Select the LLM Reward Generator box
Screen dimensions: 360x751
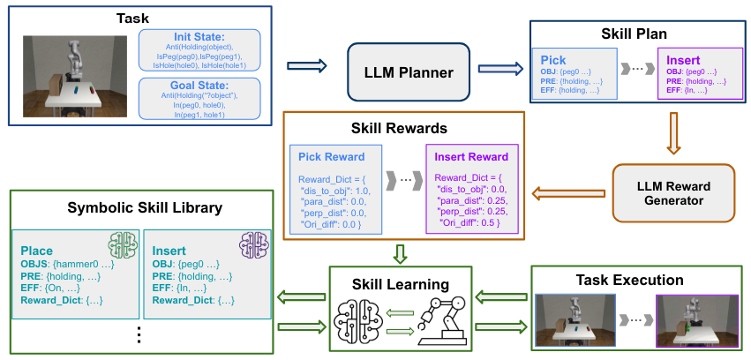[672, 193]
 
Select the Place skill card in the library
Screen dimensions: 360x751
[73, 272]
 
